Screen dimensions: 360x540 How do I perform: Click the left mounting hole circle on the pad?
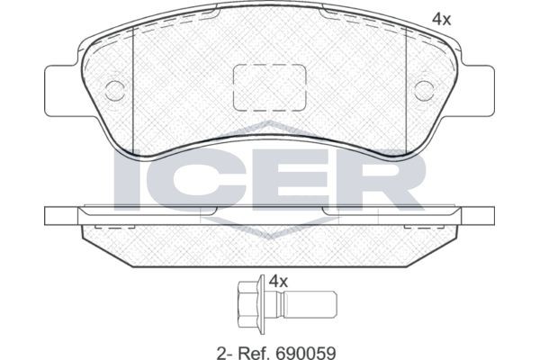tap(114, 89)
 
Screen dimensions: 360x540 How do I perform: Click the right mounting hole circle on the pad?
tap(425, 89)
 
